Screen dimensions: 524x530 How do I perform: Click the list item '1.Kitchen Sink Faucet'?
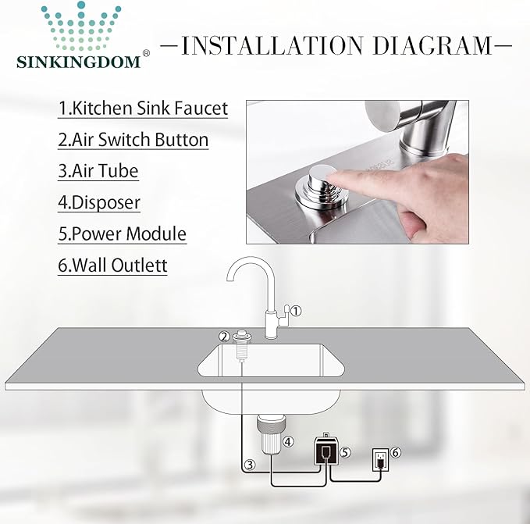pyautogui.click(x=143, y=108)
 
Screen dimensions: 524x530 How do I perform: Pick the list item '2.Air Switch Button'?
pyautogui.click(x=133, y=140)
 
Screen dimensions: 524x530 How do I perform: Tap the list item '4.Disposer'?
pyautogui.click(x=98, y=202)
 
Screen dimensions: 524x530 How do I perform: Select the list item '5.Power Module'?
pyautogui.click(x=122, y=233)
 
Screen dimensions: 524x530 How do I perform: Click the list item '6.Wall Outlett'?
pyautogui.click(x=112, y=265)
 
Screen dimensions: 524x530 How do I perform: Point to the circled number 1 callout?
pyautogui.click(x=296, y=311)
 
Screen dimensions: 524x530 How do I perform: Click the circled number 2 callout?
pyautogui.click(x=224, y=337)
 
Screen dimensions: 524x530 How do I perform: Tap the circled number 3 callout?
pyautogui.click(x=249, y=465)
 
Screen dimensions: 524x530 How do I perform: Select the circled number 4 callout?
pyautogui.click(x=288, y=441)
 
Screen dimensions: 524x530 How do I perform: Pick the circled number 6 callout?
pyautogui.click(x=396, y=452)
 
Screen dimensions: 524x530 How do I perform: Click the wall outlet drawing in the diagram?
pyautogui.click(x=380, y=460)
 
